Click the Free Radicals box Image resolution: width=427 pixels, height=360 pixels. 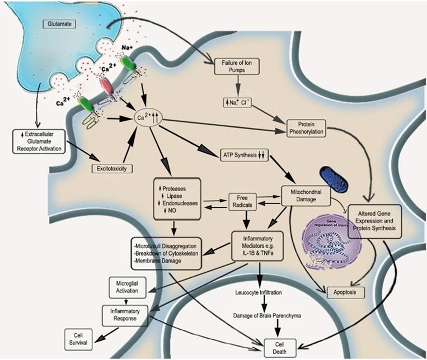click(x=242, y=201)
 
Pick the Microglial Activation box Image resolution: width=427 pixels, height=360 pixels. click(x=126, y=287)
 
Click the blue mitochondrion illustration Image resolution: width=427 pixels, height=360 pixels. click(x=334, y=182)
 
